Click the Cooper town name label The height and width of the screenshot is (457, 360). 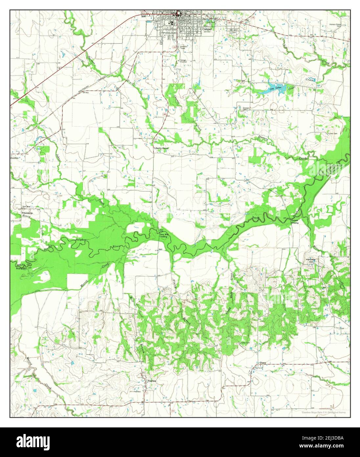[207, 29]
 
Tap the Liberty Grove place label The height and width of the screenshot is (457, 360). [161, 148]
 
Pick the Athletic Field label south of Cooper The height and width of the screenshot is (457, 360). [184, 47]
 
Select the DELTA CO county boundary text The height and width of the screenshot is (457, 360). [22, 264]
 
